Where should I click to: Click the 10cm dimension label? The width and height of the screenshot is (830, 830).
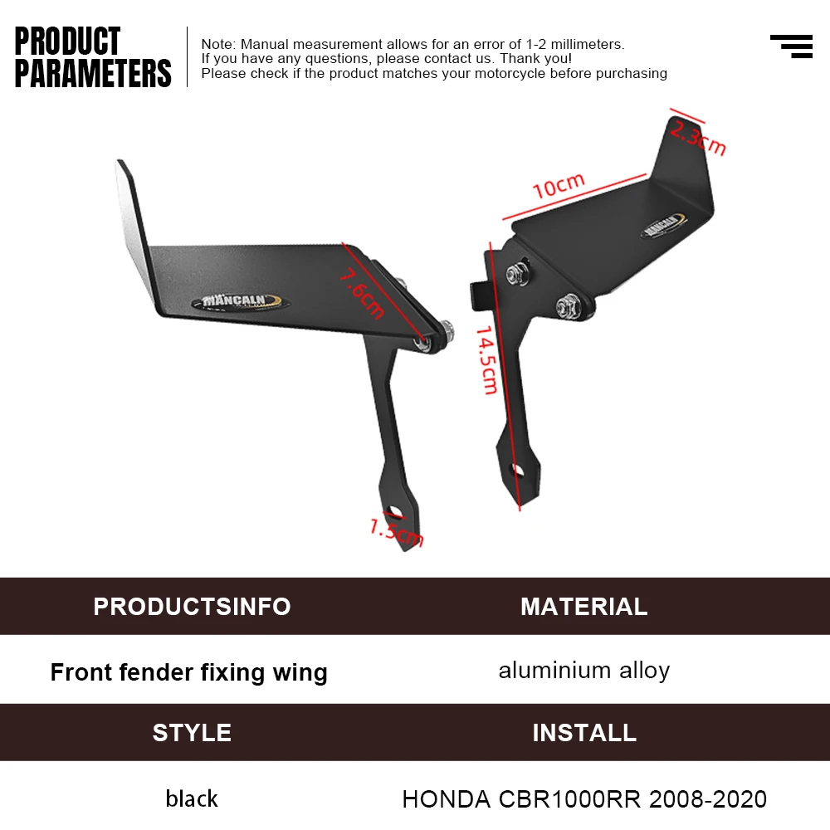(559, 186)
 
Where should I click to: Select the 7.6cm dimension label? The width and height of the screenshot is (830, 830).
(362, 294)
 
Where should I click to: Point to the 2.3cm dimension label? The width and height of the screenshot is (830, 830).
(698, 138)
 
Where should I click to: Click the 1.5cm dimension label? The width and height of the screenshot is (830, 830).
(397, 533)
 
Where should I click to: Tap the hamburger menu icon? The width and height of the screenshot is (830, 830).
(791, 46)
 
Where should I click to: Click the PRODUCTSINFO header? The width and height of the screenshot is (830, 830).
(193, 607)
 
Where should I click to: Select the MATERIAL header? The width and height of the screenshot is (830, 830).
(584, 607)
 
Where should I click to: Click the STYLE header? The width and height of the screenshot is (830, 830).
(193, 733)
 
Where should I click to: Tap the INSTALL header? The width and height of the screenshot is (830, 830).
(584, 733)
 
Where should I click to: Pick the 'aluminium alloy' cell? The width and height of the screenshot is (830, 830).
(584, 671)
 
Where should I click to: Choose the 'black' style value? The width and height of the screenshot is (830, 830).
(192, 798)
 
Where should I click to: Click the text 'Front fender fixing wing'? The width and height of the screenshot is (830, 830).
(189, 673)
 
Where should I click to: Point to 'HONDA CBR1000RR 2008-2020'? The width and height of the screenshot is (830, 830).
(584, 799)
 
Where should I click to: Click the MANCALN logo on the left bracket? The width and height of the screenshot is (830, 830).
(241, 302)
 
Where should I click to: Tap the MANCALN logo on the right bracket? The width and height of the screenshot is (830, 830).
(662, 225)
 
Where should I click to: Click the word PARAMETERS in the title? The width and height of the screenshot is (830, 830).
(93, 73)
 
